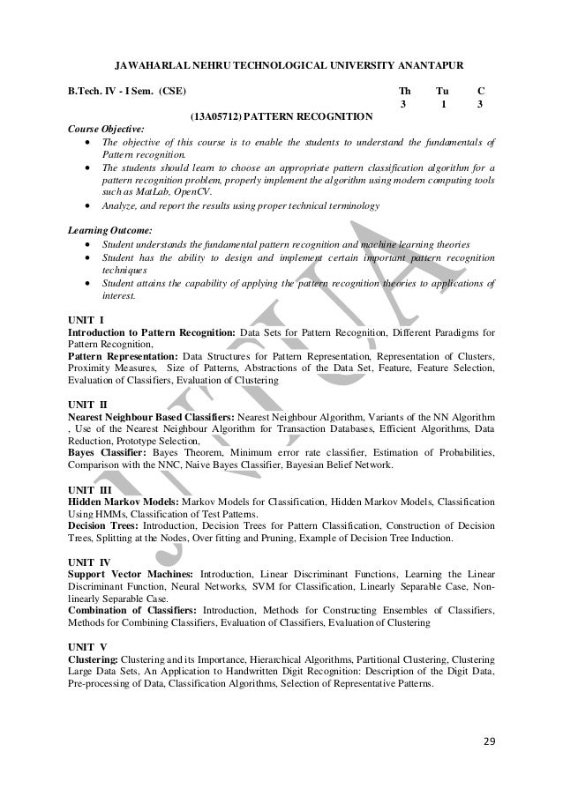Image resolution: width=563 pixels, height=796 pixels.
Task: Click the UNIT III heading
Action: tap(89, 485)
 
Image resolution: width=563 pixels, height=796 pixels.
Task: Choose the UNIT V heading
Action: tap(87, 644)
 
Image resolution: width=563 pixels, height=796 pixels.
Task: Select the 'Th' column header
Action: tap(405, 91)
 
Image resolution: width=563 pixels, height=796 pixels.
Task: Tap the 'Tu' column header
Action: tap(443, 91)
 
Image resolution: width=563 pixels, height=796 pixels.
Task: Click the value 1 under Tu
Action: tap(443, 105)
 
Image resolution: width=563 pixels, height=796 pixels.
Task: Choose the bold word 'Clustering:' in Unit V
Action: tap(92, 659)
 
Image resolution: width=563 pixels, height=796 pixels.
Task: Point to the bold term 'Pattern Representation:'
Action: tap(124, 355)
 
